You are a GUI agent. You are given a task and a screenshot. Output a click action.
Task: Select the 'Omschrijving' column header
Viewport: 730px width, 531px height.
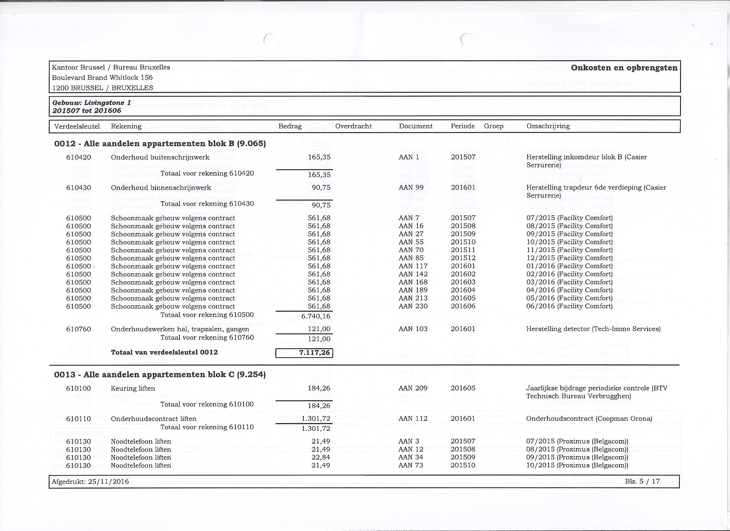click(x=548, y=126)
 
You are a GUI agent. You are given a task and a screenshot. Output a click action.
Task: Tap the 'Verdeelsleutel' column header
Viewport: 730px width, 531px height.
click(x=77, y=126)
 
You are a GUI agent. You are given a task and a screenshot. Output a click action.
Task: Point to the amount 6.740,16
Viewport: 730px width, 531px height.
click(x=316, y=316)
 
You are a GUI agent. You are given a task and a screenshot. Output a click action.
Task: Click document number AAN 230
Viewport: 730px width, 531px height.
click(x=413, y=306)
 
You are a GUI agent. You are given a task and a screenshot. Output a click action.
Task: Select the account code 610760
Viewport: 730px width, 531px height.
click(x=79, y=329)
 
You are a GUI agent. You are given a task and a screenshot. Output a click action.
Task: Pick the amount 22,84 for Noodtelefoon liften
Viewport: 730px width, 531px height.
click(x=321, y=457)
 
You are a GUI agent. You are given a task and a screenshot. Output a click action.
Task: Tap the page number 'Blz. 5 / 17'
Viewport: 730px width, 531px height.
click(x=643, y=481)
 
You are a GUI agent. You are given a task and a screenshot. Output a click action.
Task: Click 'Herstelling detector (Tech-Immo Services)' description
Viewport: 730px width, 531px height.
click(x=593, y=329)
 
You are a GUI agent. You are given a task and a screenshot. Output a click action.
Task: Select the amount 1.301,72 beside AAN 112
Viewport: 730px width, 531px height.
click(x=316, y=419)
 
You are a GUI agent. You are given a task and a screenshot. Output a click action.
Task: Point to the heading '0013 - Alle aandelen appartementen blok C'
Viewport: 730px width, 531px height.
click(x=160, y=375)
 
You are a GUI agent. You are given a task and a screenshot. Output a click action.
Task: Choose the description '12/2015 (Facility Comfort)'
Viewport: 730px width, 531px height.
click(x=569, y=258)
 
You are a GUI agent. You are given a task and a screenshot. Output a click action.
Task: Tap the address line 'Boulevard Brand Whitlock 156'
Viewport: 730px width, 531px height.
click(x=102, y=77)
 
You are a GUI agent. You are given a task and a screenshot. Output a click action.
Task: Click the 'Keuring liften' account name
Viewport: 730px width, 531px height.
click(x=133, y=388)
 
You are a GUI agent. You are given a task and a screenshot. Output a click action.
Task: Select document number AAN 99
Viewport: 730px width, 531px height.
click(x=411, y=188)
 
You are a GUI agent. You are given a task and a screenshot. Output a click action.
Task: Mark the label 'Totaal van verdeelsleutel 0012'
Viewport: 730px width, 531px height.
click(x=164, y=352)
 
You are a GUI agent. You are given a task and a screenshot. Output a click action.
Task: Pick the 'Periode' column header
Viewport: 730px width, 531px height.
click(x=462, y=126)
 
